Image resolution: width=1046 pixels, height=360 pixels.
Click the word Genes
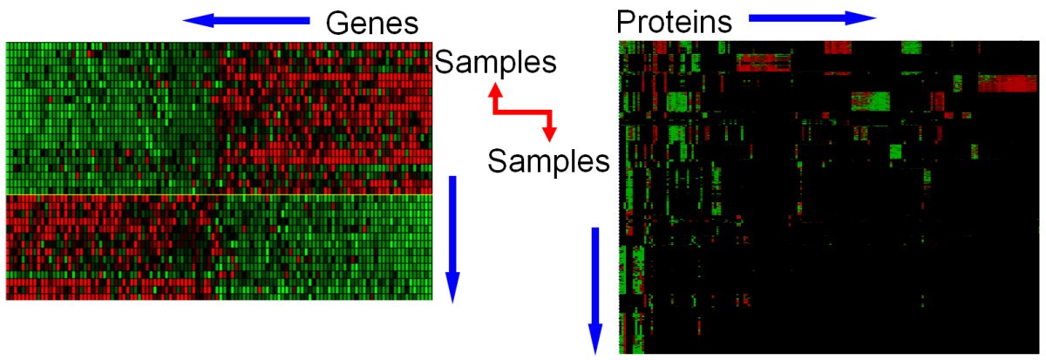(371, 23)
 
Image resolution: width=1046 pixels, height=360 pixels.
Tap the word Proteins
(675, 22)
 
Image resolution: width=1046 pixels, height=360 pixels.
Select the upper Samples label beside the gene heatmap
(495, 62)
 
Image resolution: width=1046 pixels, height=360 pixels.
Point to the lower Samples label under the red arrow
(548, 161)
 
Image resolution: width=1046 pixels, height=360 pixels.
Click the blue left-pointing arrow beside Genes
(246, 21)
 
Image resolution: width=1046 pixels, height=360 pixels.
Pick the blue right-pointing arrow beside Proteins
(812, 18)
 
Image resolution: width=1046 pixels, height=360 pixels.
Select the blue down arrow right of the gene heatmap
(452, 240)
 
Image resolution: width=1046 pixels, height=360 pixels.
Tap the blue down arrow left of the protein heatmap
(594, 291)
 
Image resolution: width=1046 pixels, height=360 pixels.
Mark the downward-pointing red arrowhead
(550, 134)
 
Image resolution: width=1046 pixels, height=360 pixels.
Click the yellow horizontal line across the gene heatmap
(219, 194)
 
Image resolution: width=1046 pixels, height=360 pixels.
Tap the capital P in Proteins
(625, 22)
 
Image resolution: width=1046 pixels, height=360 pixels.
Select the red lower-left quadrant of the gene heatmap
(112, 248)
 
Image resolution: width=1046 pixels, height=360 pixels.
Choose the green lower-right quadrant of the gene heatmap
(325, 248)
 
